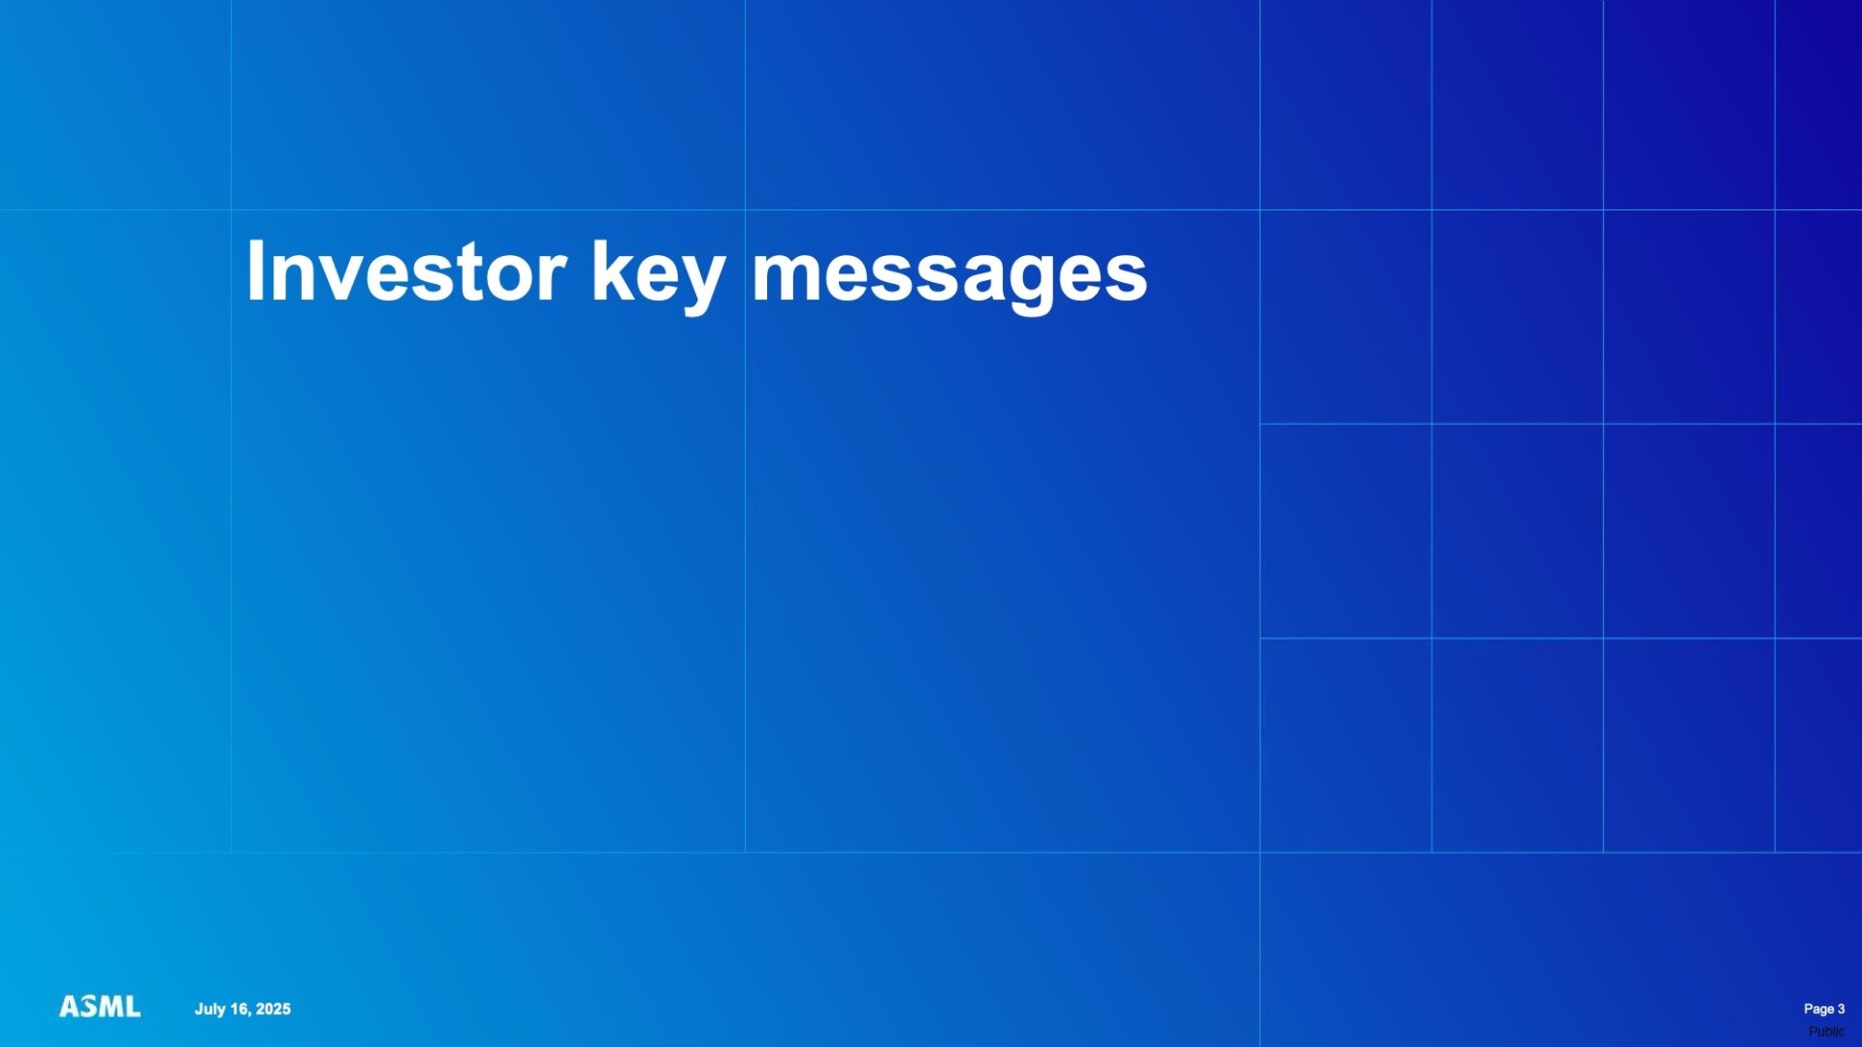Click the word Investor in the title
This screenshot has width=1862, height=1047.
pyautogui.click(x=406, y=271)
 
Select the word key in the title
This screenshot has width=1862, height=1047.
pyautogui.click(x=658, y=276)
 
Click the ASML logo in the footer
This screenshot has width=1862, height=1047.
pyautogui.click(x=100, y=1007)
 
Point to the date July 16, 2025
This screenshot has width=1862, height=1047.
pyautogui.click(x=242, y=1009)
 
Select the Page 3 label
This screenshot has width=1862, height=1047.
pyautogui.click(x=1824, y=1009)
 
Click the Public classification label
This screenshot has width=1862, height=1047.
pyautogui.click(x=1826, y=1031)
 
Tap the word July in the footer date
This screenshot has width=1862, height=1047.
pyautogui.click(x=209, y=1009)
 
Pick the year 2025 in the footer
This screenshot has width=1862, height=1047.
pyautogui.click(x=273, y=1009)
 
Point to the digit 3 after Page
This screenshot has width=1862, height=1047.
pyautogui.click(x=1841, y=1009)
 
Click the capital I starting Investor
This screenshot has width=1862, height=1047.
pyautogui.click(x=255, y=271)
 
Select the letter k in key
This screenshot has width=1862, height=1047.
pyautogui.click(x=614, y=271)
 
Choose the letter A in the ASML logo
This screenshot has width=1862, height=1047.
pyautogui.click(x=69, y=1007)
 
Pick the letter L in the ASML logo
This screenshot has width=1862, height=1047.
pyautogui.click(x=132, y=1007)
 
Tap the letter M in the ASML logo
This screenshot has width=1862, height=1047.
pyautogui.click(x=110, y=1007)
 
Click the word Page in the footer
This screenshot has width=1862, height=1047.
pyautogui.click(x=1818, y=1009)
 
